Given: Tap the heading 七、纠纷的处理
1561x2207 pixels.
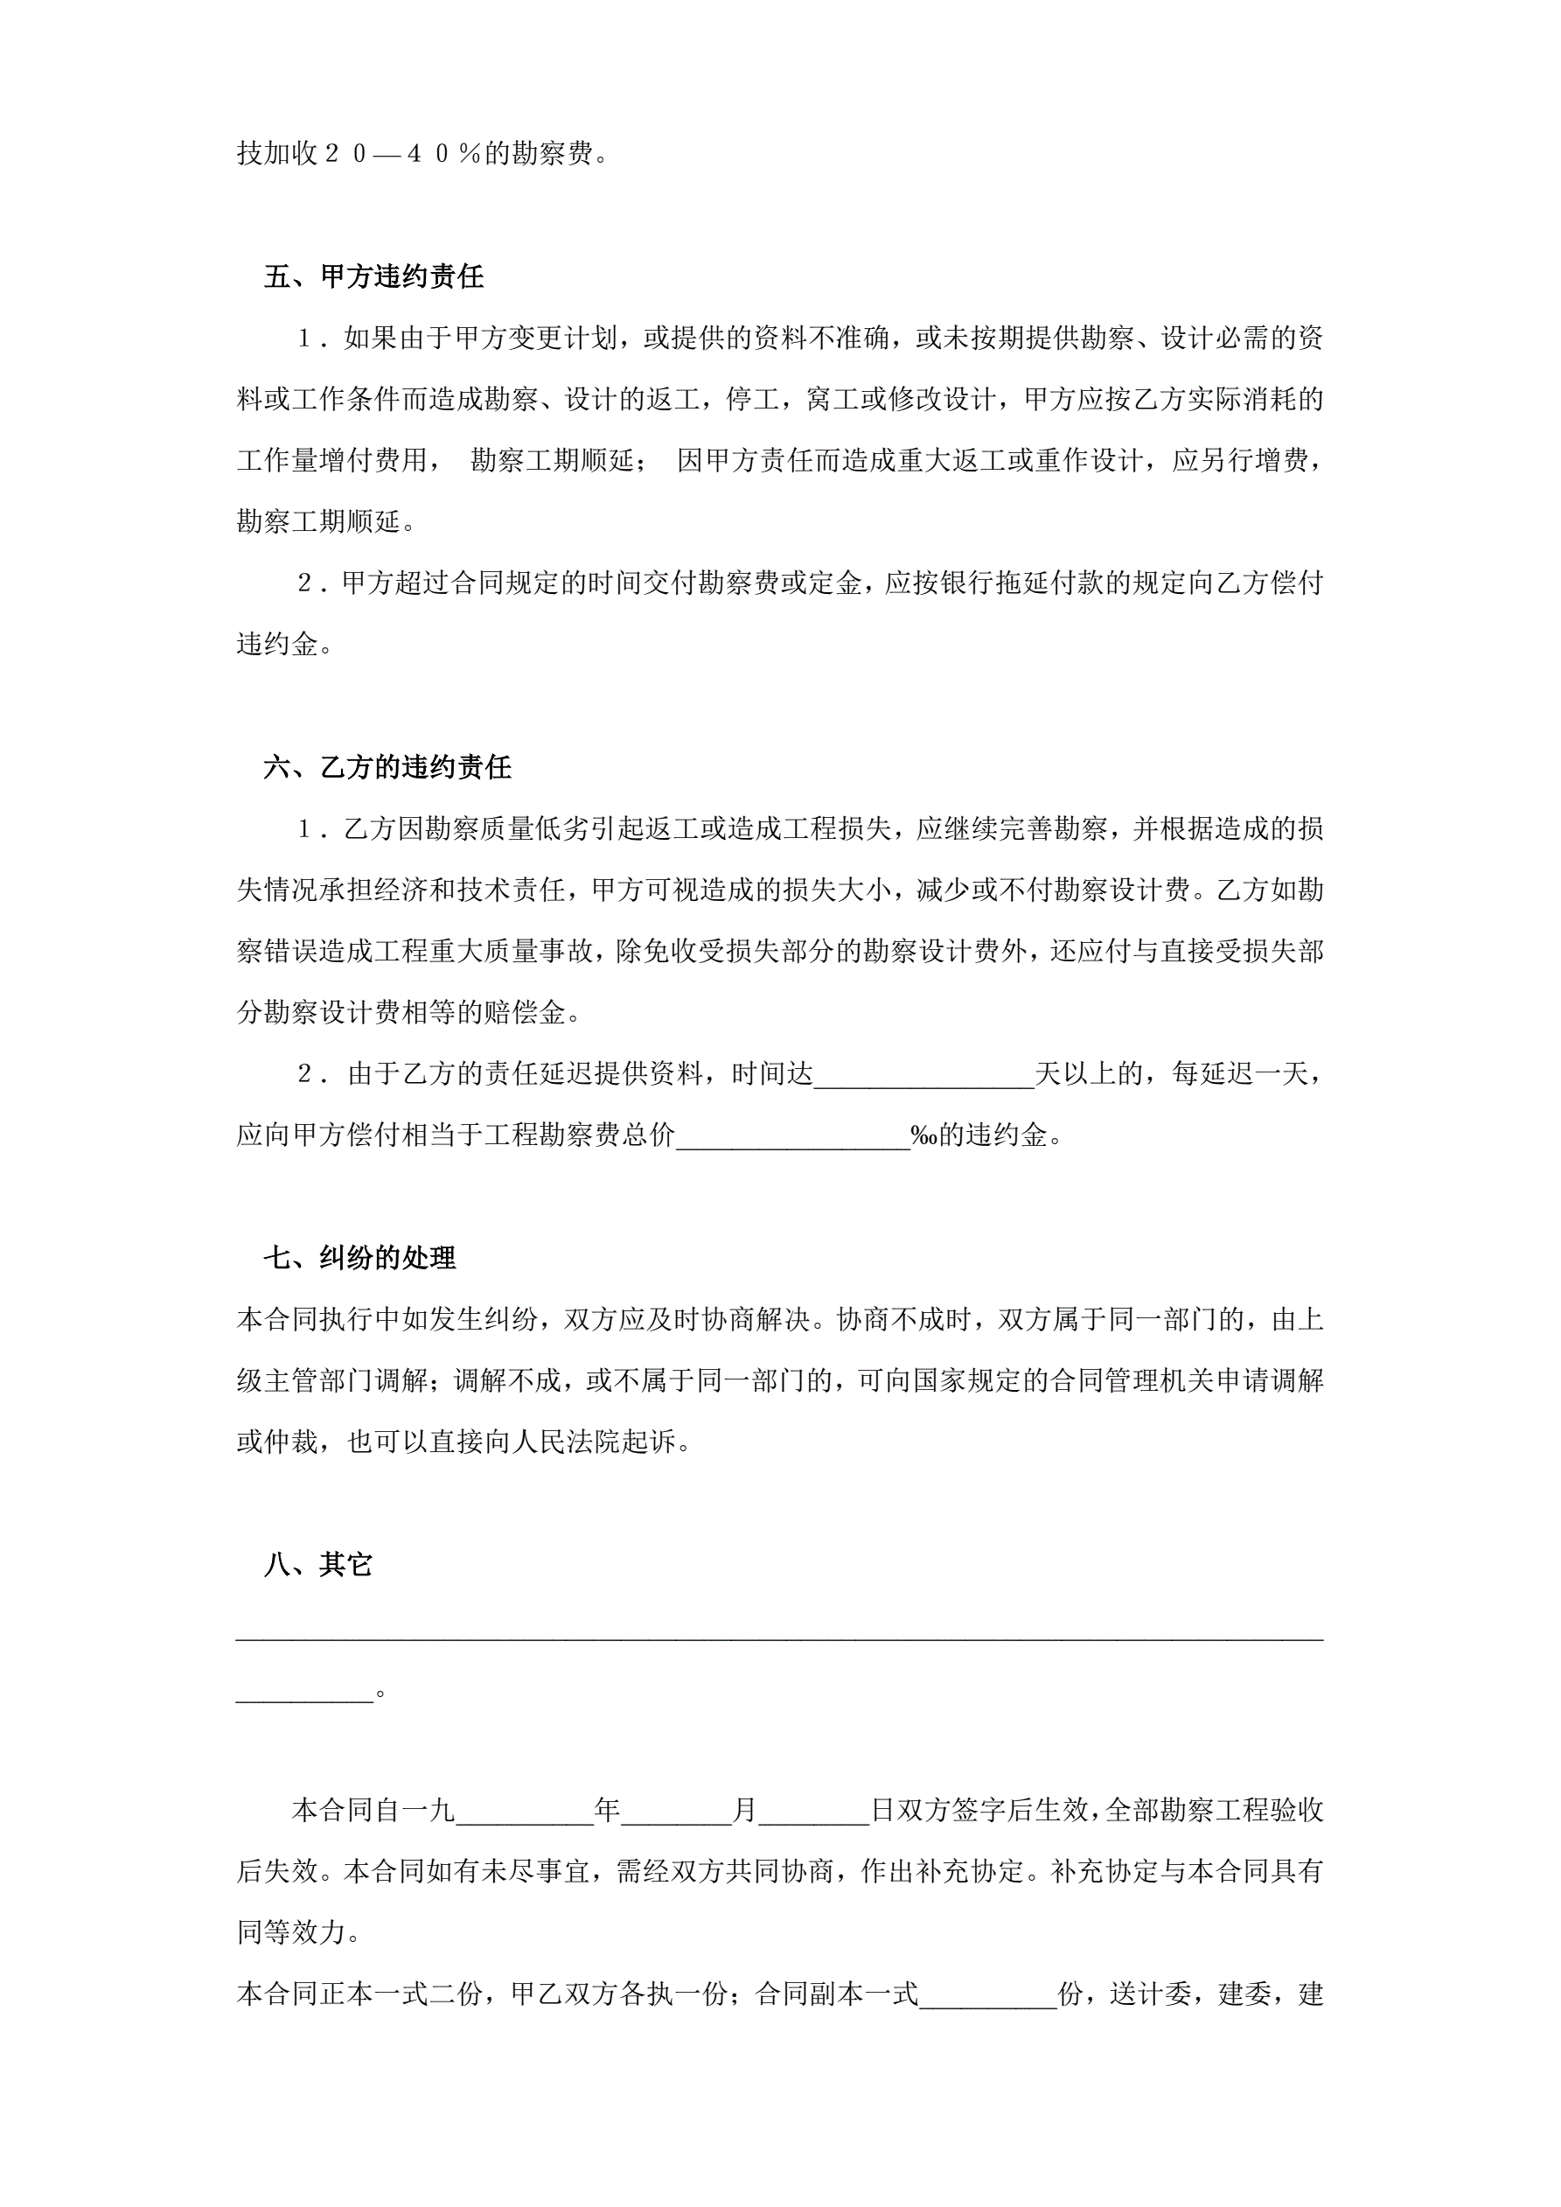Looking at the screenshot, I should pos(359,1257).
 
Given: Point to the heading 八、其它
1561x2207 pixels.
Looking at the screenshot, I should pos(317,1565).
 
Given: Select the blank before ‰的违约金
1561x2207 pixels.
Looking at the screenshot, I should pos(793,1136).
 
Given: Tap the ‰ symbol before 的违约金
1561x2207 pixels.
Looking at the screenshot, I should pos(923,1136).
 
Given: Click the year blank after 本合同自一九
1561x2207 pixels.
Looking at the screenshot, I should pos(525,1811).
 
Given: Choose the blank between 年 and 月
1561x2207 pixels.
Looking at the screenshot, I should pos(676,1811).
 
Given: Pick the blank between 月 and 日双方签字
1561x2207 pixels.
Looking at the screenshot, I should pos(813,1811).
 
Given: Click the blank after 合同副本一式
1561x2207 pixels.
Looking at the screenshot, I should pos(988,1995).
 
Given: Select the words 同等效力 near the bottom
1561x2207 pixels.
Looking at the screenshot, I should pos(291,1934).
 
